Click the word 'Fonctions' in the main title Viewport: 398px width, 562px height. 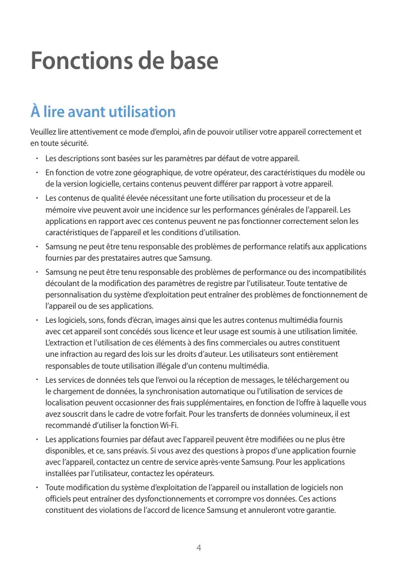(75, 60)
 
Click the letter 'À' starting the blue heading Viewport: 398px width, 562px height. (36, 111)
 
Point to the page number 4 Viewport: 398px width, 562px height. (199, 548)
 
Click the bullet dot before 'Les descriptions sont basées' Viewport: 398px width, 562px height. (36, 158)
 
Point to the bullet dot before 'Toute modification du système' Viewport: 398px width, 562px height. (36, 487)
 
